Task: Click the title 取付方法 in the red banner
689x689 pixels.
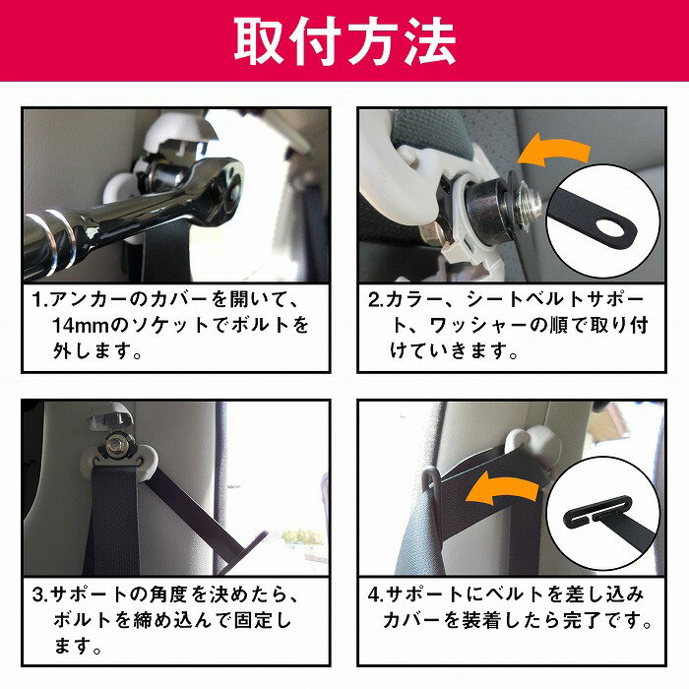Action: point(344,41)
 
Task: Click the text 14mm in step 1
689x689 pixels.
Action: point(80,326)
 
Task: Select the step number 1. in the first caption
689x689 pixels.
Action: point(40,300)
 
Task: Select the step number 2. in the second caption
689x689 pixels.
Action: point(377,300)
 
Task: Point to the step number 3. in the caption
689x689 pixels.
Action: point(40,595)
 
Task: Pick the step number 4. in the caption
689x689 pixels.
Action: point(377,595)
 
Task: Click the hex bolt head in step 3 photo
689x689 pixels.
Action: point(115,445)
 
